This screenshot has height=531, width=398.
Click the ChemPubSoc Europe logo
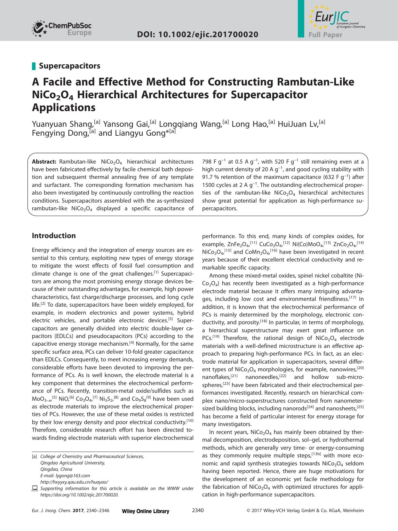(x=62, y=28)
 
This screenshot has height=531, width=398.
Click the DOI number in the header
(x=197, y=34)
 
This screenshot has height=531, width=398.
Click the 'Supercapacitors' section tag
(x=69, y=66)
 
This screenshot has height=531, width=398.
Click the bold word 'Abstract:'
(x=44, y=162)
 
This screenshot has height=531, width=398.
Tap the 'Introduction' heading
(x=54, y=236)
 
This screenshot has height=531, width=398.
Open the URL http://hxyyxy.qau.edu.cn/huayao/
(x=74, y=482)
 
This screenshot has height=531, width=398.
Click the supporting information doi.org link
(x=79, y=495)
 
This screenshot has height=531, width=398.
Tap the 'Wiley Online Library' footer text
(x=146, y=511)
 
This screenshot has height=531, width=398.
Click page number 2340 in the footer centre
(x=197, y=511)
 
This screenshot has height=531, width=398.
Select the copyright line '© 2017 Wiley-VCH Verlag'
(x=305, y=511)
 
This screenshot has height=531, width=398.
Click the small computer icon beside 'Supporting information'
(x=35, y=488)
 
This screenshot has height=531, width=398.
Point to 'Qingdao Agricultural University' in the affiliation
(x=73, y=463)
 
